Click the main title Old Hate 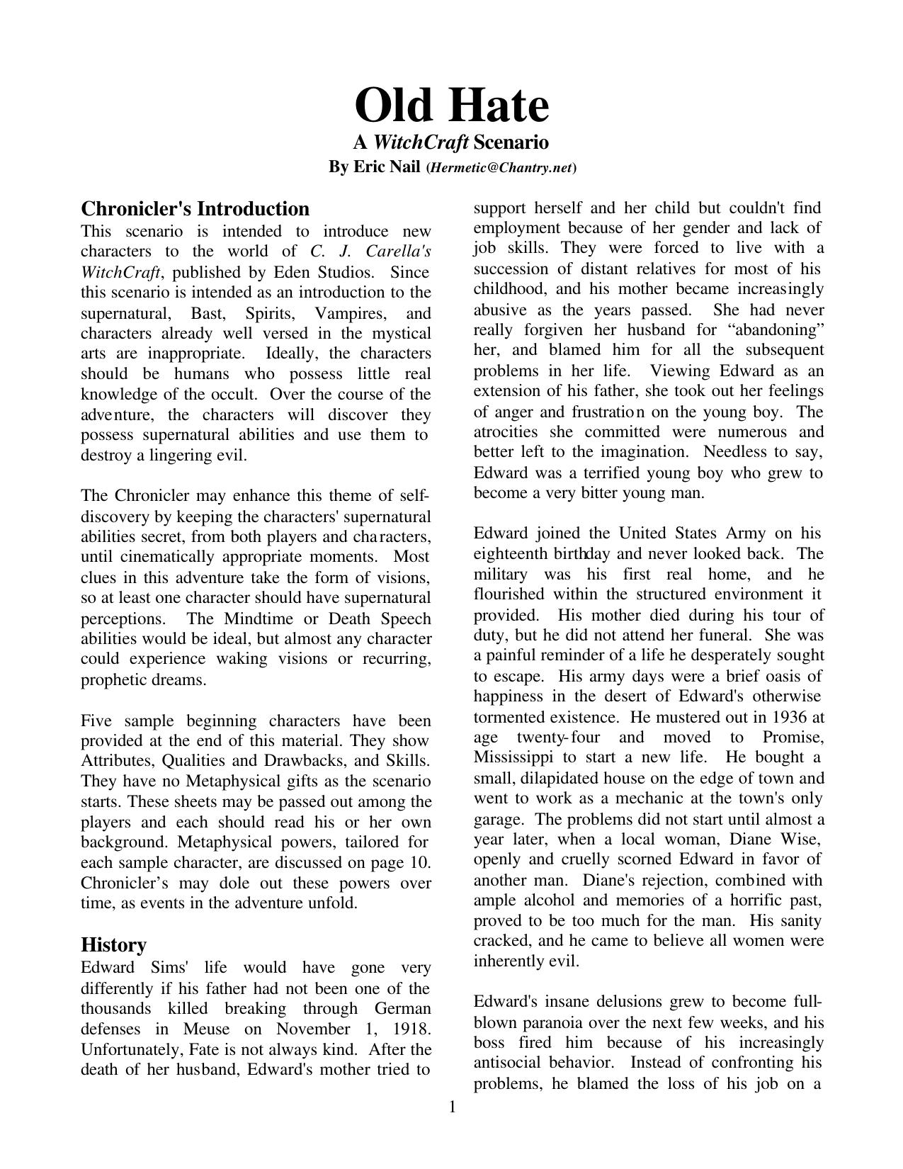click(x=451, y=106)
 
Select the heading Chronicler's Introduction click(x=195, y=209)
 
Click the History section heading click(x=113, y=945)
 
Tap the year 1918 click(x=411, y=1029)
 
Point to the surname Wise click(x=799, y=840)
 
